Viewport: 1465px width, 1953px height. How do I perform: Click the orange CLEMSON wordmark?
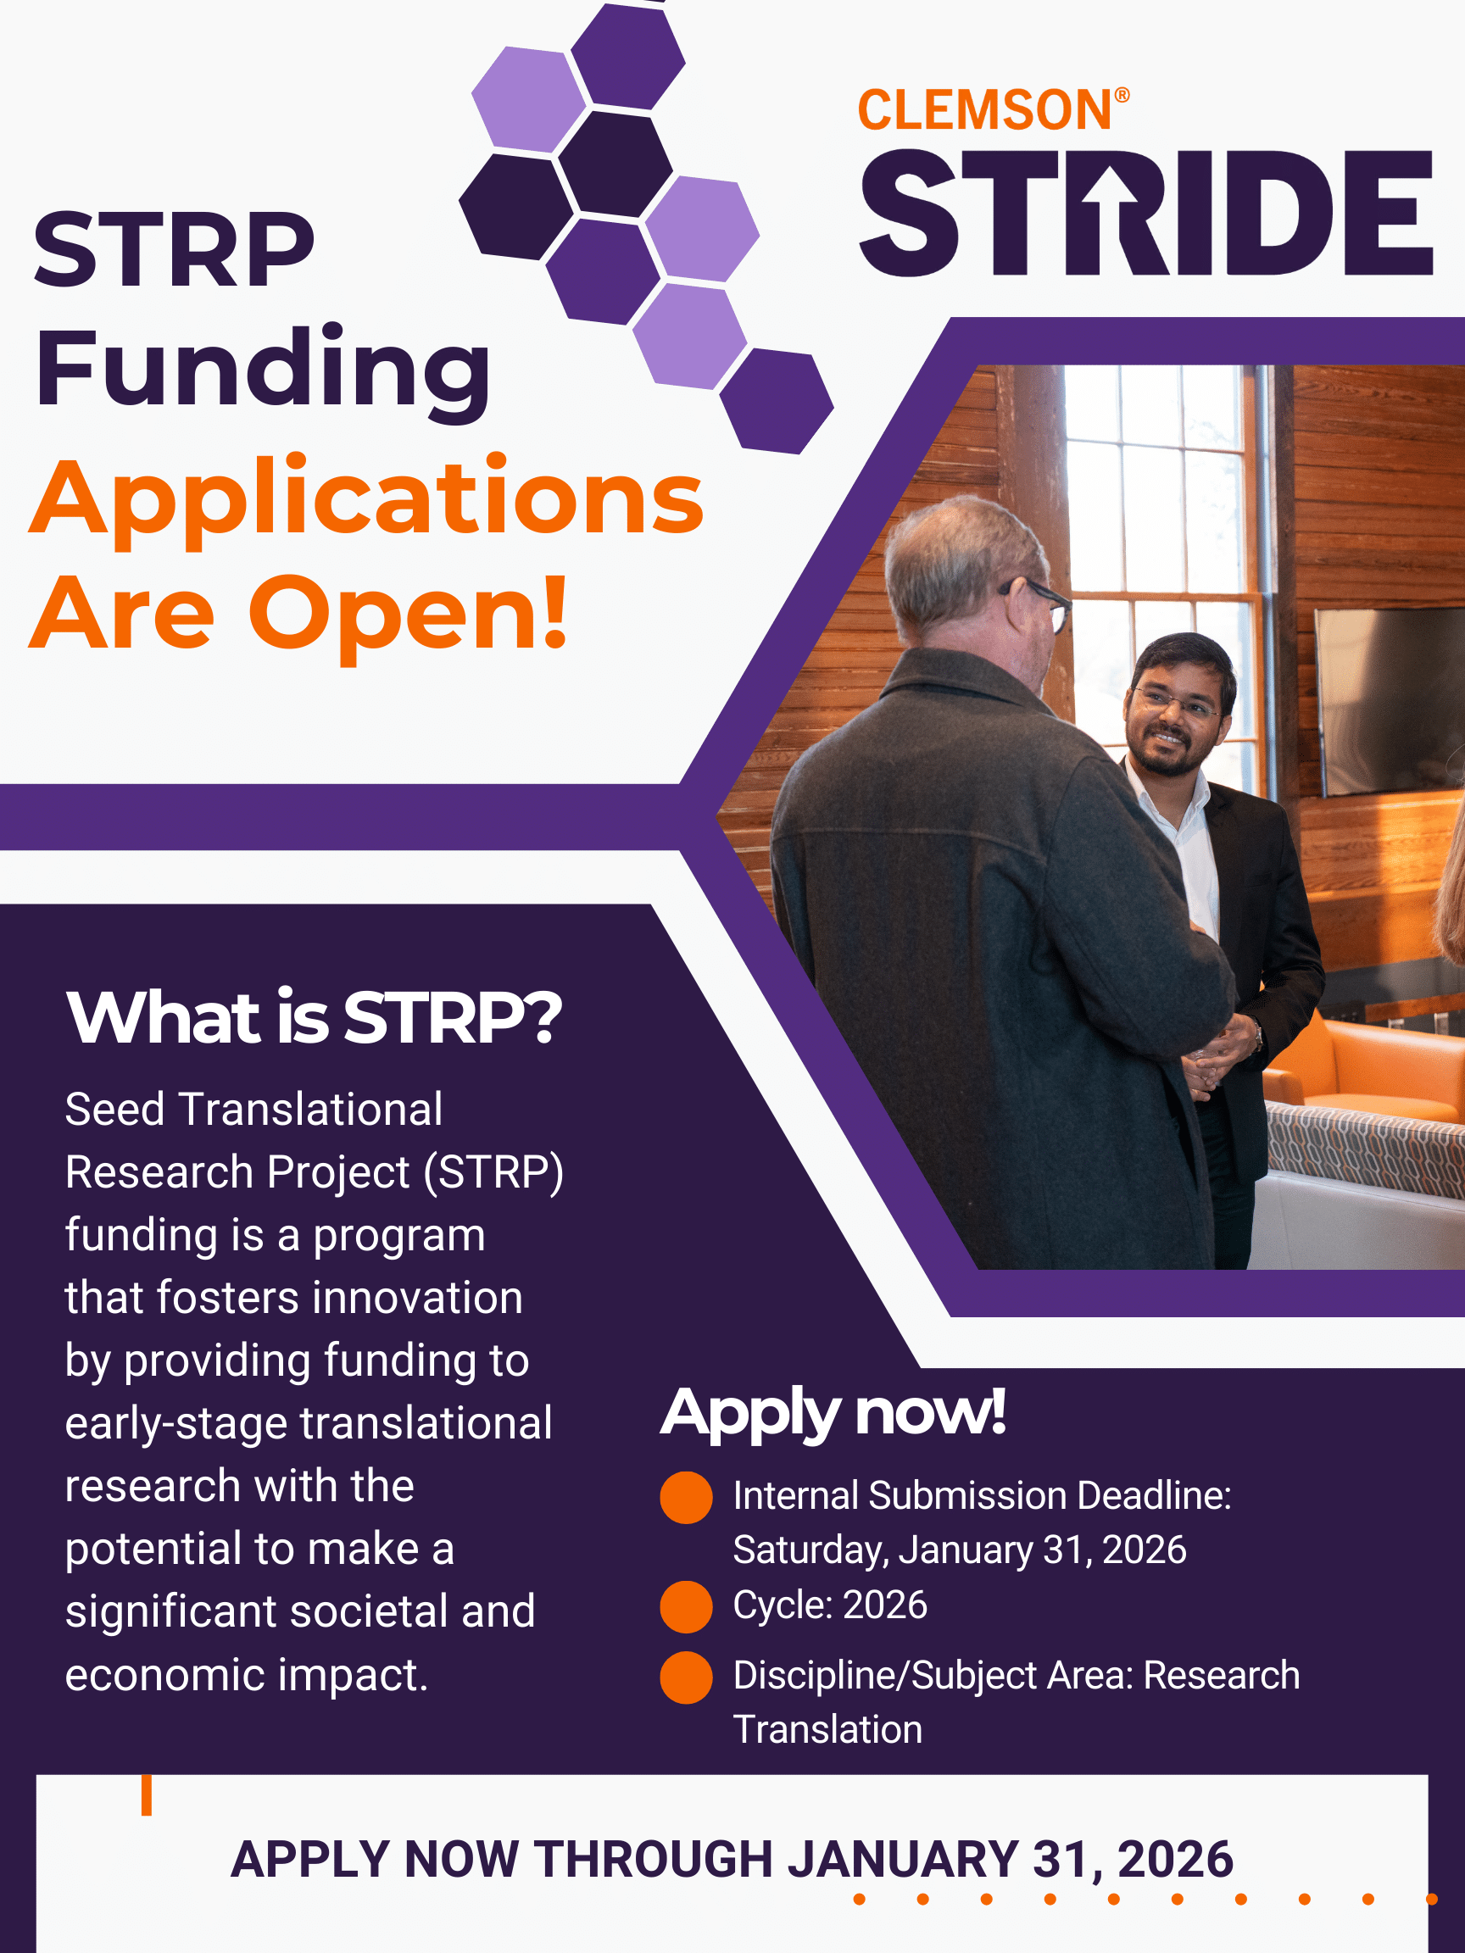[x=984, y=110]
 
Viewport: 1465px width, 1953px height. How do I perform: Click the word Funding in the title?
[x=262, y=370]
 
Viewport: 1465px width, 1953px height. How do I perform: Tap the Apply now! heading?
[x=832, y=1414]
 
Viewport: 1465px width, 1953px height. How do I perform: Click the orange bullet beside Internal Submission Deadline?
[x=686, y=1498]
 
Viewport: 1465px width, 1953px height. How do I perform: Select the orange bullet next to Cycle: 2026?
[x=686, y=1607]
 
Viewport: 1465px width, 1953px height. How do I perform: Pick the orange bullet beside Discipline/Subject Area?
[x=686, y=1677]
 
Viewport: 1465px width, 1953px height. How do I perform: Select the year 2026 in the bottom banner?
[x=1175, y=1861]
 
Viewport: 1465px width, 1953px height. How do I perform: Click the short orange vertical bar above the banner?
[x=147, y=1795]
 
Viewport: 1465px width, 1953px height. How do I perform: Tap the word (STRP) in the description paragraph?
[x=493, y=1173]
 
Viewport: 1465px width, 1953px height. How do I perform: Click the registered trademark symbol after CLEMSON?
[x=1122, y=95]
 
